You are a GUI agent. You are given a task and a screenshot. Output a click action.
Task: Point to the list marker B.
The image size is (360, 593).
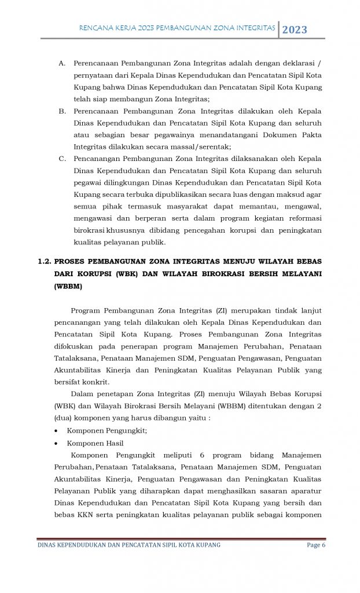[62, 111]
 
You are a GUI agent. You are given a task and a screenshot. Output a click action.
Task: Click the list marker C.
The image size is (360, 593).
[62, 158]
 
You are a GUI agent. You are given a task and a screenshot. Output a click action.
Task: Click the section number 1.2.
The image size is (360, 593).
[46, 261]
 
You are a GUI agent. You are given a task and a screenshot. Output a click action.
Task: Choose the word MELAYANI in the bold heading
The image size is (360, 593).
[300, 273]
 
